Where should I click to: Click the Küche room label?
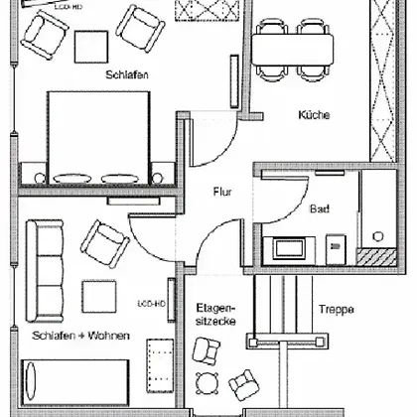314,115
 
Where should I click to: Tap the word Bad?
320,208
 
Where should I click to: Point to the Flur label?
222,192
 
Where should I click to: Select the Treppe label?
336,309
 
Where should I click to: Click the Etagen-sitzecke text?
215,315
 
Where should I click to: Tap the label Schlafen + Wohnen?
80,336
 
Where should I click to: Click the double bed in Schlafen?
98,137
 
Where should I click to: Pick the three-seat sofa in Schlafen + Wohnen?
45,271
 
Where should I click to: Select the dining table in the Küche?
293,50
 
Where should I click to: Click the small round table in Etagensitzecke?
207,383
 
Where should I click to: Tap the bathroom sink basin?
289,248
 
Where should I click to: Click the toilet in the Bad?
336,249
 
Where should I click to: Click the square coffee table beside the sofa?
99,297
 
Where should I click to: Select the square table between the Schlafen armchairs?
91,47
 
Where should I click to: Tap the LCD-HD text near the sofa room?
151,304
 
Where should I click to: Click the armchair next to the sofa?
105,243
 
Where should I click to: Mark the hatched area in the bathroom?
376,257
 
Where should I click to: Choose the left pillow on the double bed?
71,179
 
